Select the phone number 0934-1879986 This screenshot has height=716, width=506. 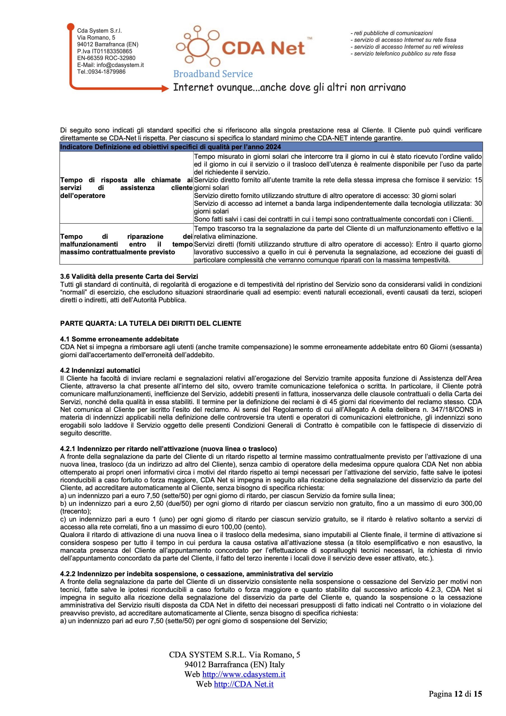pyautogui.click(x=105, y=72)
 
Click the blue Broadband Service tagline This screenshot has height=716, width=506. pyautogui.click(x=213, y=74)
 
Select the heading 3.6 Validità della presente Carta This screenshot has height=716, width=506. pyautogui.click(x=129, y=276)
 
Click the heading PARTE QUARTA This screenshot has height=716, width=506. pyautogui.click(x=151, y=323)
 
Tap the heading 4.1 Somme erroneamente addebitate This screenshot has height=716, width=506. pyautogui.click(x=119, y=339)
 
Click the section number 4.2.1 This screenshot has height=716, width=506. pyautogui.click(x=68, y=449)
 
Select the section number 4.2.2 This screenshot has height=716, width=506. pyautogui.click(x=68, y=574)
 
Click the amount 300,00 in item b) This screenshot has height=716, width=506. pyautogui.click(x=472, y=503)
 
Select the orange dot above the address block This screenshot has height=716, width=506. pyautogui.click(x=71, y=27)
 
